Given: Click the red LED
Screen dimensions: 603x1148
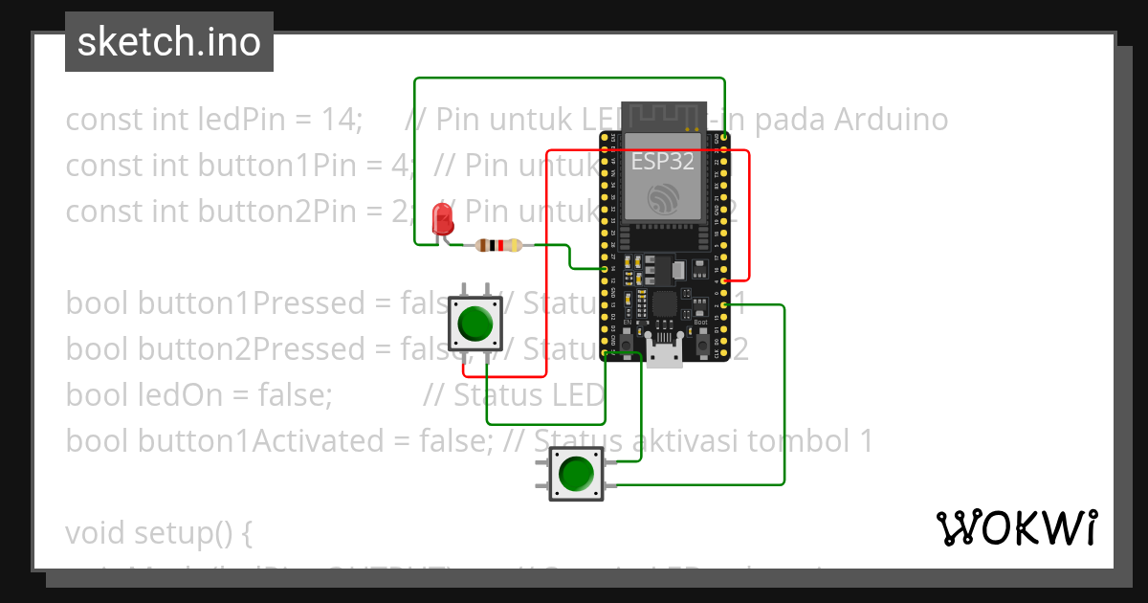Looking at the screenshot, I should click(442, 219).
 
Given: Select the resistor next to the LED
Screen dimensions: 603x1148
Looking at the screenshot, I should click(497, 246).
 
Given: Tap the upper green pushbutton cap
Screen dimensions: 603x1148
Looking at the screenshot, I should click(475, 324).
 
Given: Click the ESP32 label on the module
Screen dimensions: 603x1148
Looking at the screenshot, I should click(662, 162).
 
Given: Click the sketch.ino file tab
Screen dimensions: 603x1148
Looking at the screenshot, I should click(169, 42).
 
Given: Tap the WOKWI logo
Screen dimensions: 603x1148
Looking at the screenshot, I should click(1016, 527).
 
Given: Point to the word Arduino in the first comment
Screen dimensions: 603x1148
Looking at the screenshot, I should click(891, 120).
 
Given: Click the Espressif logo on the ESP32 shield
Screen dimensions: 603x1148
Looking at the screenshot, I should click(662, 198).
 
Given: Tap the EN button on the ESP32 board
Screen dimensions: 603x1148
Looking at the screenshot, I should click(626, 342).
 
